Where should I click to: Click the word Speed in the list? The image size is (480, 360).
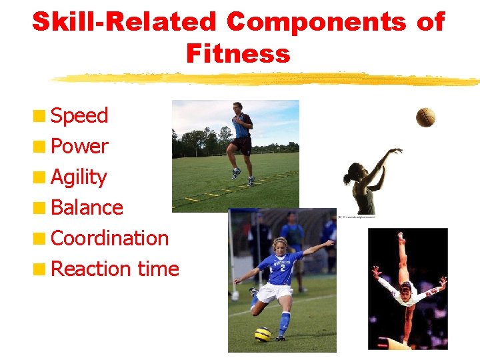(79, 116)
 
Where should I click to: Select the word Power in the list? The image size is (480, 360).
(79, 146)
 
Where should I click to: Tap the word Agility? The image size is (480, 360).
(79, 177)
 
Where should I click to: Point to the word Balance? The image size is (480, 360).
(87, 207)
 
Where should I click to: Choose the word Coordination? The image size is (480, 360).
(109, 238)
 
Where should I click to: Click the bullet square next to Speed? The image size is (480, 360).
(41, 116)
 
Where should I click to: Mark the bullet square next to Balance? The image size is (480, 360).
(41, 207)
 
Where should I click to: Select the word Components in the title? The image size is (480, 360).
(316, 22)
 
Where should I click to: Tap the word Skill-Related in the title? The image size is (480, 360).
(125, 22)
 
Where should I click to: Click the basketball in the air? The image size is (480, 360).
(425, 117)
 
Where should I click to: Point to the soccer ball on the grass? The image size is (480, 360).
(263, 334)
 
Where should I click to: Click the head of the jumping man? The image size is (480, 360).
(238, 107)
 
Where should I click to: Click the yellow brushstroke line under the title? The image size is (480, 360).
(267, 79)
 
